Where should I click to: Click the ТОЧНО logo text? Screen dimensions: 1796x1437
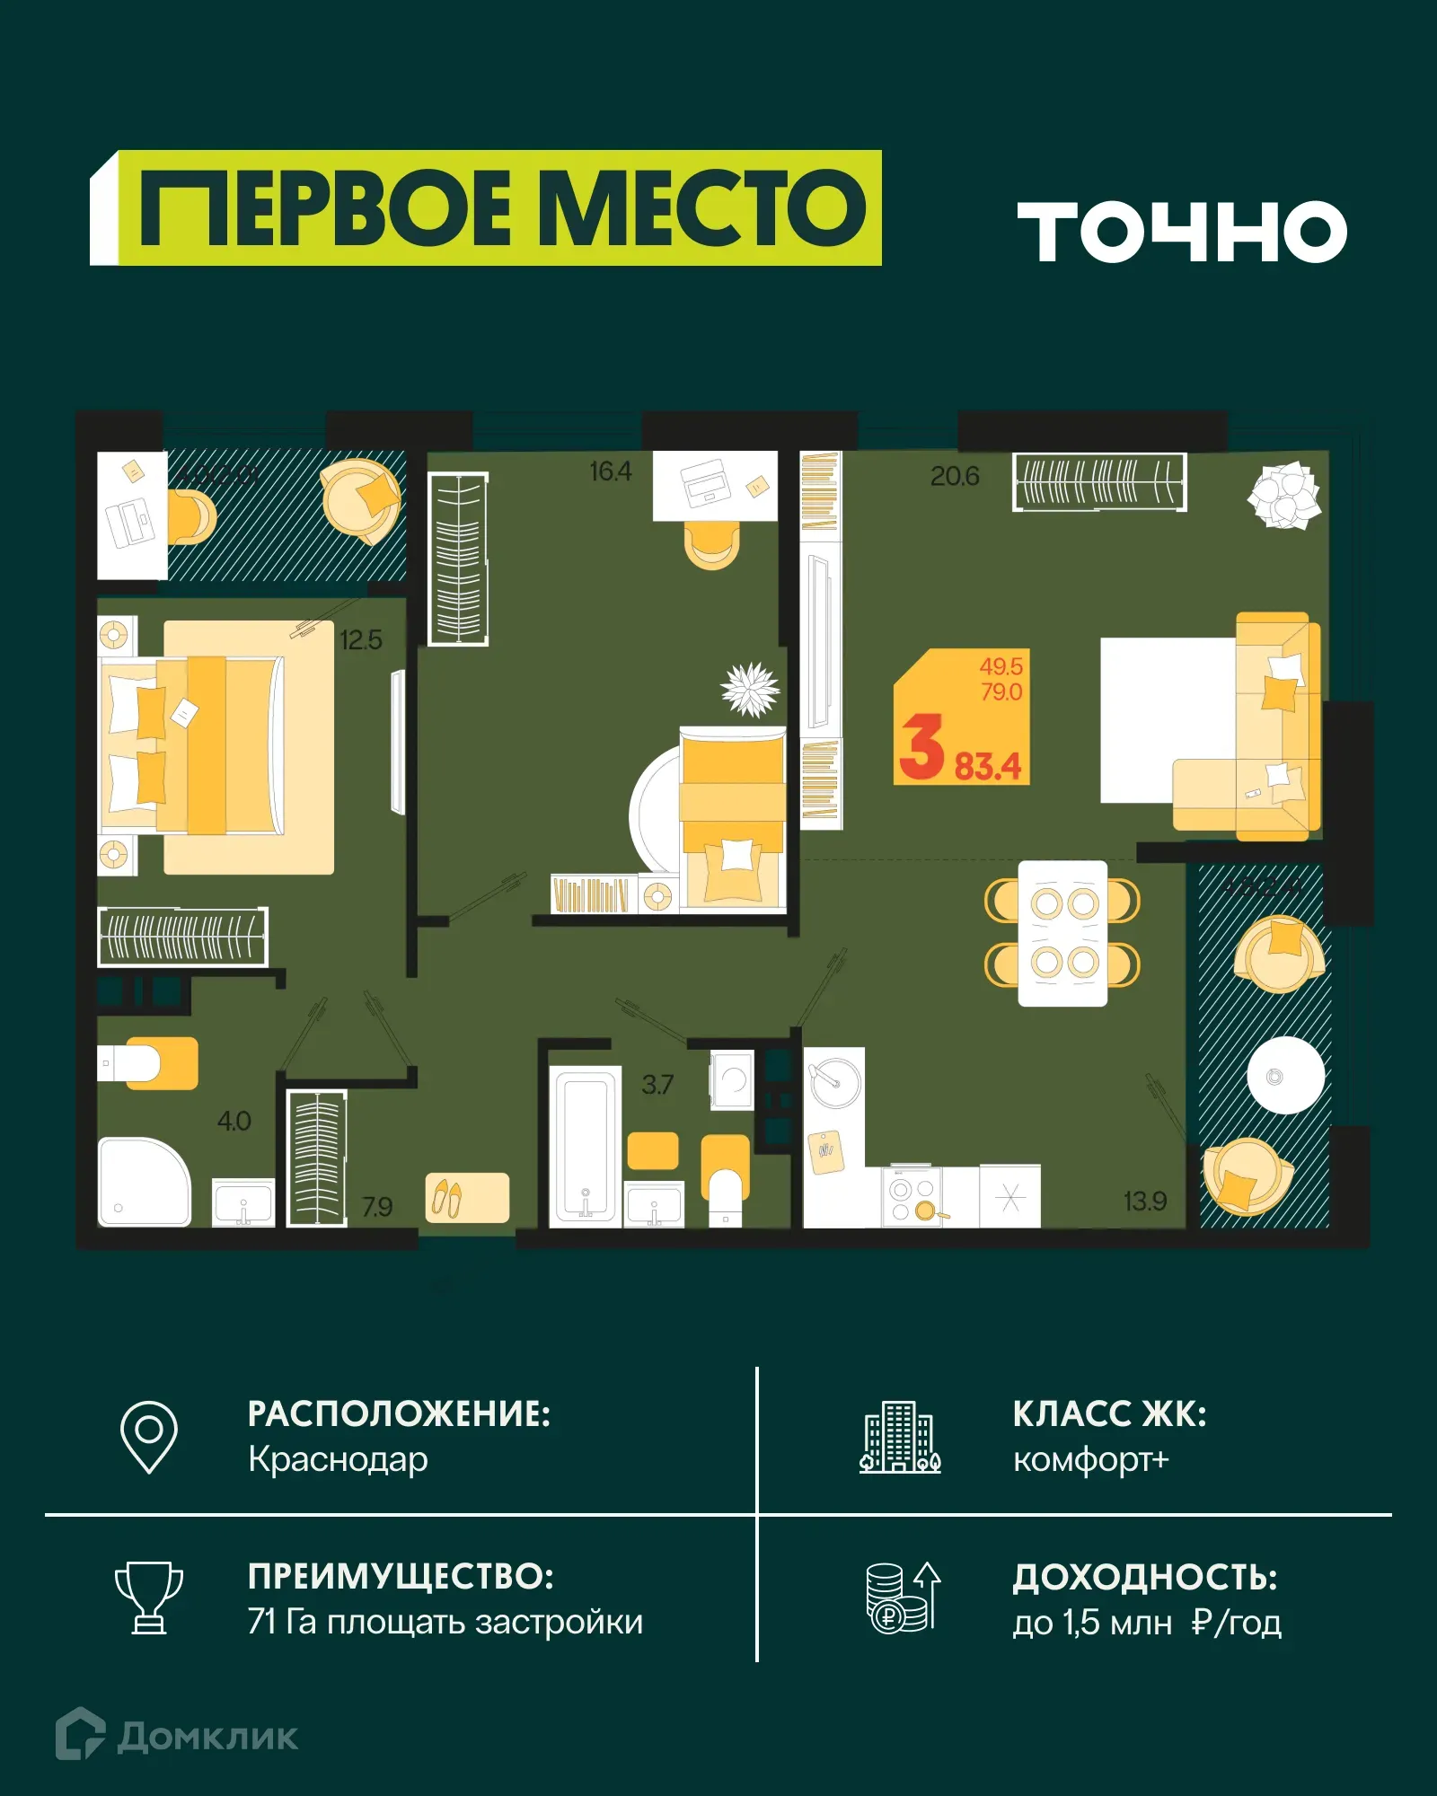click(1181, 232)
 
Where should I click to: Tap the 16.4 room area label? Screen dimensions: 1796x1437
click(610, 471)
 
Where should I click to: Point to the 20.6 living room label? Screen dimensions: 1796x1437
click(954, 476)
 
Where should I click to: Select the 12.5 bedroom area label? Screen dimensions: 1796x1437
click(360, 640)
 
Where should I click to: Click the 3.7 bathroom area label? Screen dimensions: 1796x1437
click(657, 1085)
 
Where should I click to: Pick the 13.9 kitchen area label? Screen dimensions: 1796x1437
click(1144, 1201)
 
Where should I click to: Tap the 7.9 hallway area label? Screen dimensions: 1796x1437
click(377, 1207)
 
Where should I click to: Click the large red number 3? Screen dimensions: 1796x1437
click(921, 747)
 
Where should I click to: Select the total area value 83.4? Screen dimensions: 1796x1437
click(987, 767)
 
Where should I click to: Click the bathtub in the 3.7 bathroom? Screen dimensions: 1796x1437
click(585, 1146)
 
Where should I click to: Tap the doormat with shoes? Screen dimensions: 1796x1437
click(467, 1198)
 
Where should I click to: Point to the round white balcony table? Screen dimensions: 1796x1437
click(1285, 1076)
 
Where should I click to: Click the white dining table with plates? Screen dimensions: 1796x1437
click(1062, 933)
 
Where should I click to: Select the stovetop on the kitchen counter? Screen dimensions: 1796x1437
click(912, 1198)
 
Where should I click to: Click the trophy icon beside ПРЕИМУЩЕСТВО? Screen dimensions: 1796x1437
click(149, 1598)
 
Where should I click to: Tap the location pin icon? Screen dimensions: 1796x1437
click(149, 1436)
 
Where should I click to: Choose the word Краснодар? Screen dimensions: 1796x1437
click(338, 1460)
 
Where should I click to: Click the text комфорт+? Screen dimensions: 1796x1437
click(1090, 1460)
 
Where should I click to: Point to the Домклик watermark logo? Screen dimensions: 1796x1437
click(177, 1736)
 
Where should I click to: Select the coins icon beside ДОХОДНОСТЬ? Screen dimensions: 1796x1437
click(902, 1598)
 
